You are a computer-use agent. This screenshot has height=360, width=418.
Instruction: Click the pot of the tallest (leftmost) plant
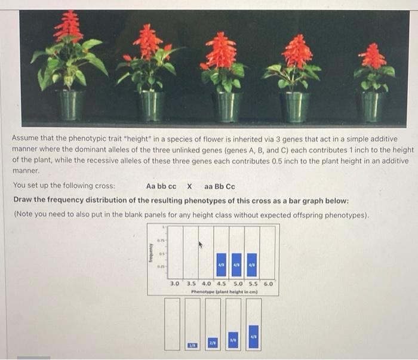70,104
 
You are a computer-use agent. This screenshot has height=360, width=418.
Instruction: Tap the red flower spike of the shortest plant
373,57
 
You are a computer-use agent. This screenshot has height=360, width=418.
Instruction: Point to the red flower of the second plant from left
147,43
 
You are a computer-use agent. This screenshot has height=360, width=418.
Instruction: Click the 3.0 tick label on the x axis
175,284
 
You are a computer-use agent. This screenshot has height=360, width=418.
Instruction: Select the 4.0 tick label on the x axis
206,284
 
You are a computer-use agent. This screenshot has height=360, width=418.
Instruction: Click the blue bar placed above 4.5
222,265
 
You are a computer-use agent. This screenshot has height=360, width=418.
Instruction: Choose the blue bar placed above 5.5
252,265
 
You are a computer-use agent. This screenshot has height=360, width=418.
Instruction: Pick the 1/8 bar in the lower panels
192,345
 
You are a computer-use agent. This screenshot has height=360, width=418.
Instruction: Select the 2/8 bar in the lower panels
213,342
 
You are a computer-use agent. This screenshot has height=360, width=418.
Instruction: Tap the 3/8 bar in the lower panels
233,339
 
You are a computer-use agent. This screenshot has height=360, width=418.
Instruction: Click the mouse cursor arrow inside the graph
201,244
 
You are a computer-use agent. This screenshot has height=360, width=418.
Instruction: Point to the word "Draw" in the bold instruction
24,199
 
